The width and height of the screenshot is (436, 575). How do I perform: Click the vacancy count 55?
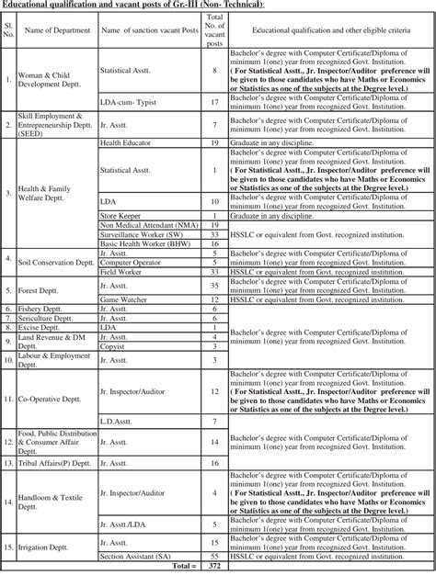click(x=213, y=556)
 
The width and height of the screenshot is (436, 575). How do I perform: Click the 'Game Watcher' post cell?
click(x=123, y=299)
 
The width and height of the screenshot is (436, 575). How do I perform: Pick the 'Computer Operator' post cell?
click(x=131, y=263)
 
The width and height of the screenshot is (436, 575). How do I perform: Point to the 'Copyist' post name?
click(x=113, y=346)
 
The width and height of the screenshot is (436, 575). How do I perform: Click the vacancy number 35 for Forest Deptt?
click(x=213, y=286)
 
